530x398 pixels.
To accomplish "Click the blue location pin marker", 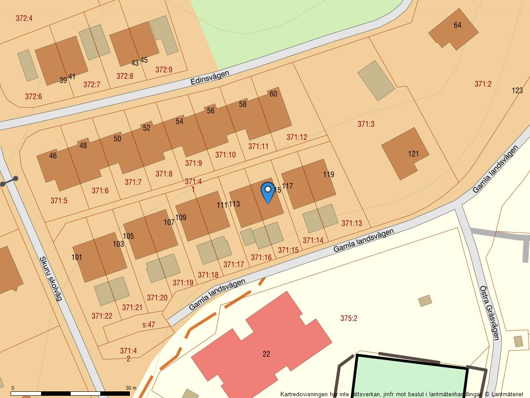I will point(267,191).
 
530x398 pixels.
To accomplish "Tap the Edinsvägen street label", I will point(210,78).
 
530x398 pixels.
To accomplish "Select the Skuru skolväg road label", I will point(50,279).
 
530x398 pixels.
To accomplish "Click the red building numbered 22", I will point(266,354).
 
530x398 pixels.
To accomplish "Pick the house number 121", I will point(413,154).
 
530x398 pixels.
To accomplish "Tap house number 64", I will point(457,25).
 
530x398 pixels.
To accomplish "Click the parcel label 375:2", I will point(348,318).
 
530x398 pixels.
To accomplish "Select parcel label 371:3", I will point(366,124).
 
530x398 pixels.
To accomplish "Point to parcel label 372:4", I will point(24,19).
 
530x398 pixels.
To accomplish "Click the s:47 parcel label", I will point(148,325).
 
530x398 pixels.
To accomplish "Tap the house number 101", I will point(77,257).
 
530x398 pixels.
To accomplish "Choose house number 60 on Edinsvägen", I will point(273,94).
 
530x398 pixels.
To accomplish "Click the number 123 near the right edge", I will point(517,91).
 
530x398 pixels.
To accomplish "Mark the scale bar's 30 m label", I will point(131,388).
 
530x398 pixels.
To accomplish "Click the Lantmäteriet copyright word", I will point(507,394).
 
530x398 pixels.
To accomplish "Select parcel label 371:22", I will point(102,316).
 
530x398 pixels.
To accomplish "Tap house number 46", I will point(53,156).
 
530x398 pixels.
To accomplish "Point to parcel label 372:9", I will point(164,69).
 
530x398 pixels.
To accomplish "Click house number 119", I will point(328,174).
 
